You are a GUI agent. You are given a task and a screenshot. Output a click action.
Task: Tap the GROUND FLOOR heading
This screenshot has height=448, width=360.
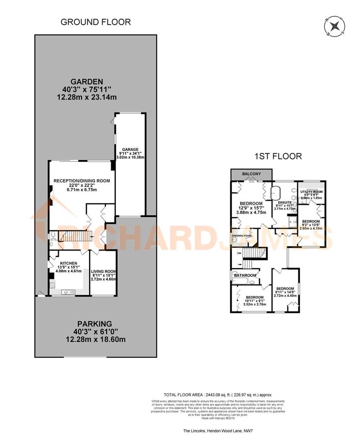pyautogui.click(x=96, y=22)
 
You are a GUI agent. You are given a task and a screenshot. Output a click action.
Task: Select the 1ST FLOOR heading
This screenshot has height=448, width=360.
pyautogui.click(x=278, y=156)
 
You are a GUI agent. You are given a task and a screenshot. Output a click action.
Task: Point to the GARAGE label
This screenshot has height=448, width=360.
pyautogui.click(x=130, y=149)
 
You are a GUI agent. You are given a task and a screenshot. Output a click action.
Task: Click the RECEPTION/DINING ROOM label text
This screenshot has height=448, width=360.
pyautogui.click(x=82, y=180)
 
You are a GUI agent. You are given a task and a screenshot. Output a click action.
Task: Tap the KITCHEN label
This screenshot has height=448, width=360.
pyautogui.click(x=69, y=263)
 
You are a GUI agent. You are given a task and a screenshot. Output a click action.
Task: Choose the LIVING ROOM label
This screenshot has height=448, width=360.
pyautogui.click(x=103, y=271)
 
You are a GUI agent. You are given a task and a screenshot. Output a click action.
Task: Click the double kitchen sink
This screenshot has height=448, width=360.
pyautogui.click(x=67, y=293)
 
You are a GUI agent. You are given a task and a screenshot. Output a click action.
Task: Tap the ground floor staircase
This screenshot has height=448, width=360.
pyautogui.click(x=71, y=237)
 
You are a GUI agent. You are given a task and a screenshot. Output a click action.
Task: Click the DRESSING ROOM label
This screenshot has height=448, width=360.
pyautogui.click(x=242, y=236)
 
